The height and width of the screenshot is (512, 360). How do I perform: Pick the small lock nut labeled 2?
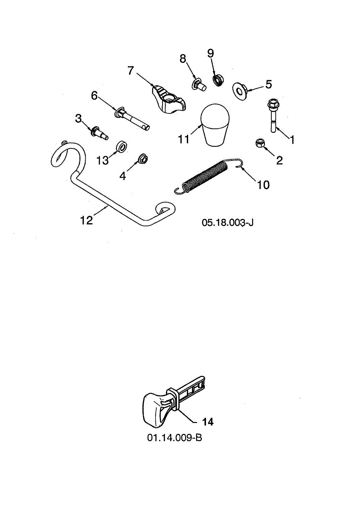259,143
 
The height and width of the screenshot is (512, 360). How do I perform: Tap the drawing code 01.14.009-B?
174,438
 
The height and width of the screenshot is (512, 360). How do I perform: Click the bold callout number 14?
208,422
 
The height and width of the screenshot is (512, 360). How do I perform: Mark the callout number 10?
263,185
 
